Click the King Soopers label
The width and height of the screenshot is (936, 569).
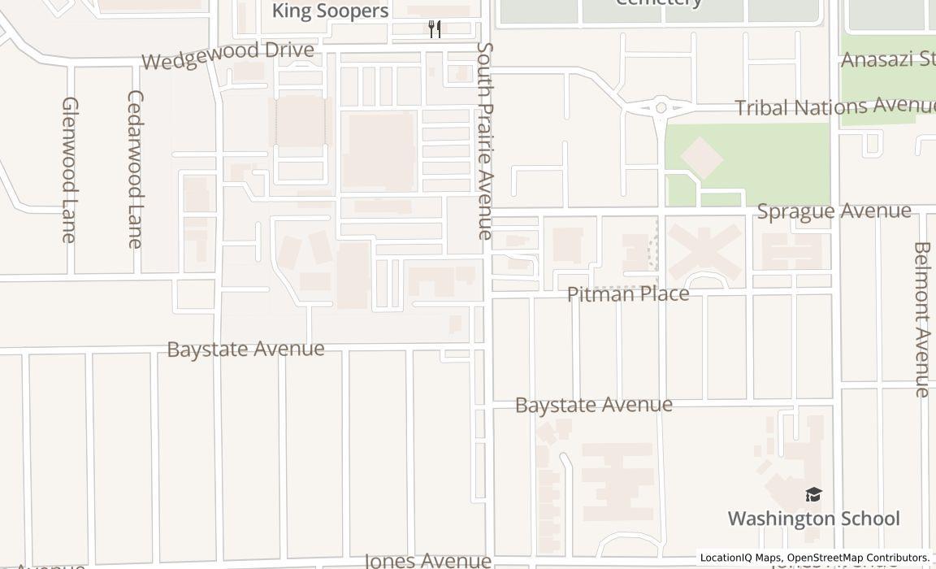(x=330, y=11)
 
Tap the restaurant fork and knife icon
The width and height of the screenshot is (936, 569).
(x=435, y=29)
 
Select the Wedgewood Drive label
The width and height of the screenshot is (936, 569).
(x=227, y=55)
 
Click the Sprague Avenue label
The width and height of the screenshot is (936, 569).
(x=834, y=211)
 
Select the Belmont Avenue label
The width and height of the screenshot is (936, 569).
(x=921, y=319)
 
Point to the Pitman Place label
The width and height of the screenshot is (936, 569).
(x=628, y=293)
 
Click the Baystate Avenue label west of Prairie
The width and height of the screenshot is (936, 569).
(x=245, y=349)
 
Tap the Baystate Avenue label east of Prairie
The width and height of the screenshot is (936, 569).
(x=594, y=405)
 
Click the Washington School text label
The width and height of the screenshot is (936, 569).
(x=813, y=518)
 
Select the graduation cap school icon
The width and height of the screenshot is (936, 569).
(x=813, y=494)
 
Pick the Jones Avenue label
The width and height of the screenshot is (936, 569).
(x=427, y=560)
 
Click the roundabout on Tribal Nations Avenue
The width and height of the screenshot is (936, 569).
(x=661, y=106)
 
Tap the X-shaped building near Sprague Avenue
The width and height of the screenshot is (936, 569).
(x=704, y=252)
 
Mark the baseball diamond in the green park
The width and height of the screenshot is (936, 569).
(x=701, y=157)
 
